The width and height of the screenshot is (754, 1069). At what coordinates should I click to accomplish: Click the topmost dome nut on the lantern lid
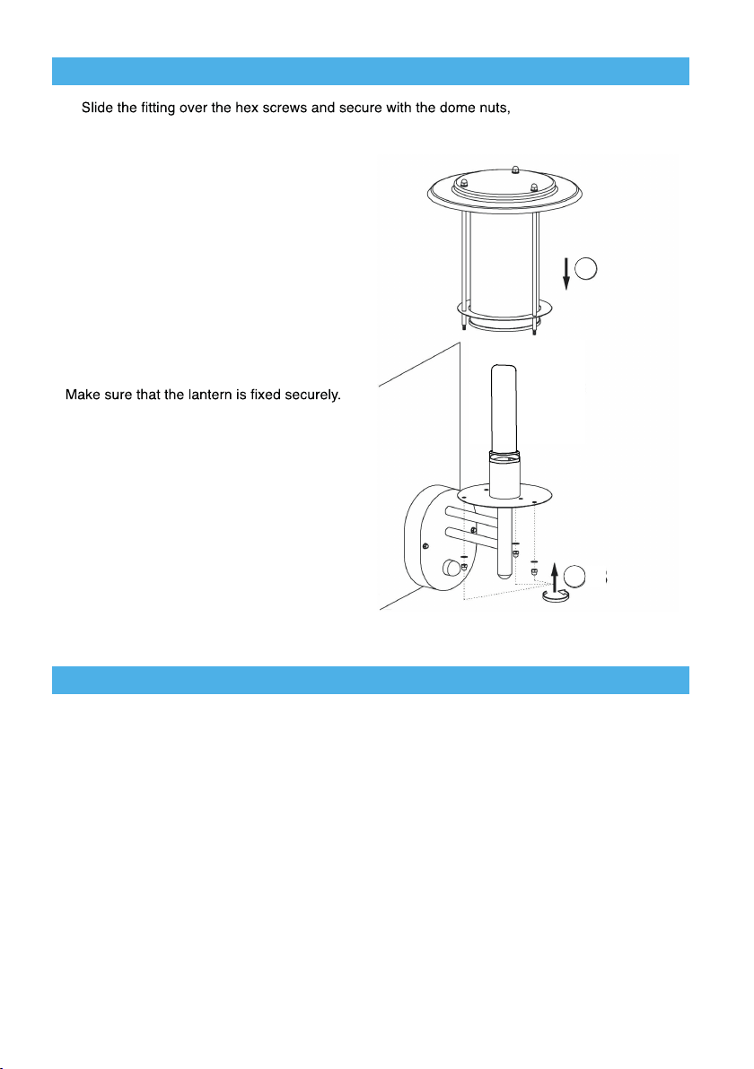(514, 169)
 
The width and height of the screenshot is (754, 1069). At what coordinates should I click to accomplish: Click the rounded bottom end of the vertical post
(505, 576)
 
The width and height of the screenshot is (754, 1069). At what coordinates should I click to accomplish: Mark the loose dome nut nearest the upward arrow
(535, 569)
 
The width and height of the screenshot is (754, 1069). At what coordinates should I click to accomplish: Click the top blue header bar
(370, 71)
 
